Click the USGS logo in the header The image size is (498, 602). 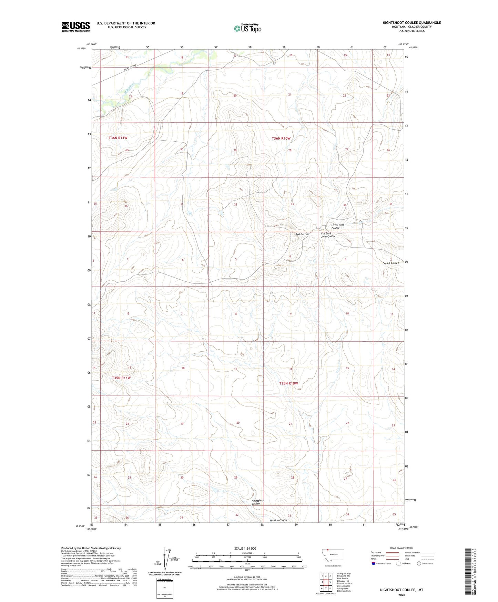coord(76,27)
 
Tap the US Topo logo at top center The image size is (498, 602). coord(247,28)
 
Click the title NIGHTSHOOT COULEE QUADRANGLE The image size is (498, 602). coord(411,23)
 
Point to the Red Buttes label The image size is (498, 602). coord(302,234)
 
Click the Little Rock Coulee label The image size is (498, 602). coord(337,227)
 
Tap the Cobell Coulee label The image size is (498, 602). coord(390,263)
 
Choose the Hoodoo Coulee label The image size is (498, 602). coord(278,520)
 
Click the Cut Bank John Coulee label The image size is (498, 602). coord(328,235)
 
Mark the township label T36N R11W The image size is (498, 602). coord(118,138)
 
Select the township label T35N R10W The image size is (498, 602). coord(288,383)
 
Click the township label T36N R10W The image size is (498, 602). coord(281,139)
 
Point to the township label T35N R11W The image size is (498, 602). coord(121,378)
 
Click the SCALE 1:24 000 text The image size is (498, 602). coord(245,549)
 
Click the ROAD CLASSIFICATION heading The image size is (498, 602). coord(402,548)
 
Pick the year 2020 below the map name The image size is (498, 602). coord(402,595)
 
